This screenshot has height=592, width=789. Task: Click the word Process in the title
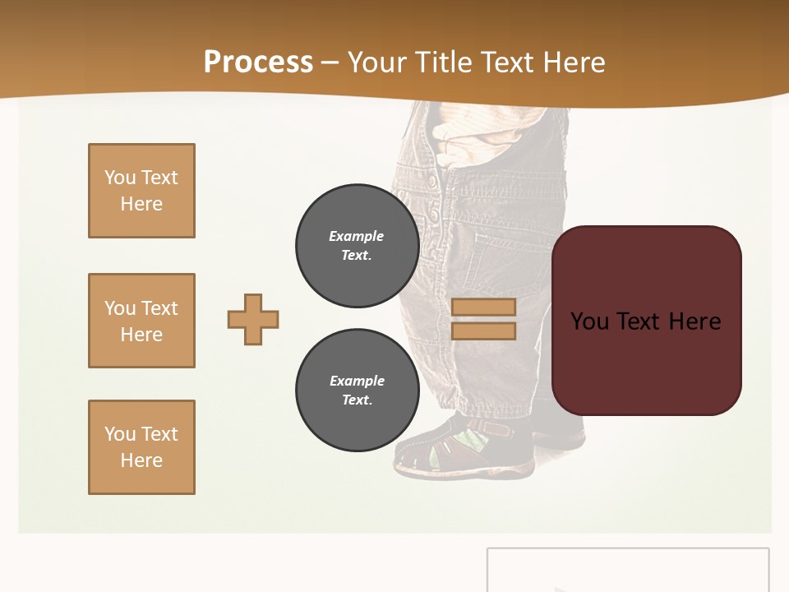(x=258, y=62)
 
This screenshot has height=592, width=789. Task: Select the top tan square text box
(x=141, y=191)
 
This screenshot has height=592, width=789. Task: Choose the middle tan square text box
(x=141, y=321)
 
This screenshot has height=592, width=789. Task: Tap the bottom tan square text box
(x=141, y=447)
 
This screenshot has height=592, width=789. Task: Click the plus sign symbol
(x=253, y=319)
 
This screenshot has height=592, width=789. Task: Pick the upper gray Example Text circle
(x=357, y=246)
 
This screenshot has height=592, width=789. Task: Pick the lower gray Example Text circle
(x=357, y=391)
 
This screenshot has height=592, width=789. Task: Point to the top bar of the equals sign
(x=483, y=307)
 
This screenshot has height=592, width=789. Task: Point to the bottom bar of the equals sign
(x=483, y=331)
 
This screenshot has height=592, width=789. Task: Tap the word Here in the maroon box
(x=694, y=321)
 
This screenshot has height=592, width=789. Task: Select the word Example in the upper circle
(x=356, y=236)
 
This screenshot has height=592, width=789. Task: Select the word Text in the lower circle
(x=356, y=400)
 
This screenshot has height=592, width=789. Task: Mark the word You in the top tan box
(x=119, y=178)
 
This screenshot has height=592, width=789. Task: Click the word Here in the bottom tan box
(x=141, y=460)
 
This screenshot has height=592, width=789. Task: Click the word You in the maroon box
(x=589, y=321)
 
